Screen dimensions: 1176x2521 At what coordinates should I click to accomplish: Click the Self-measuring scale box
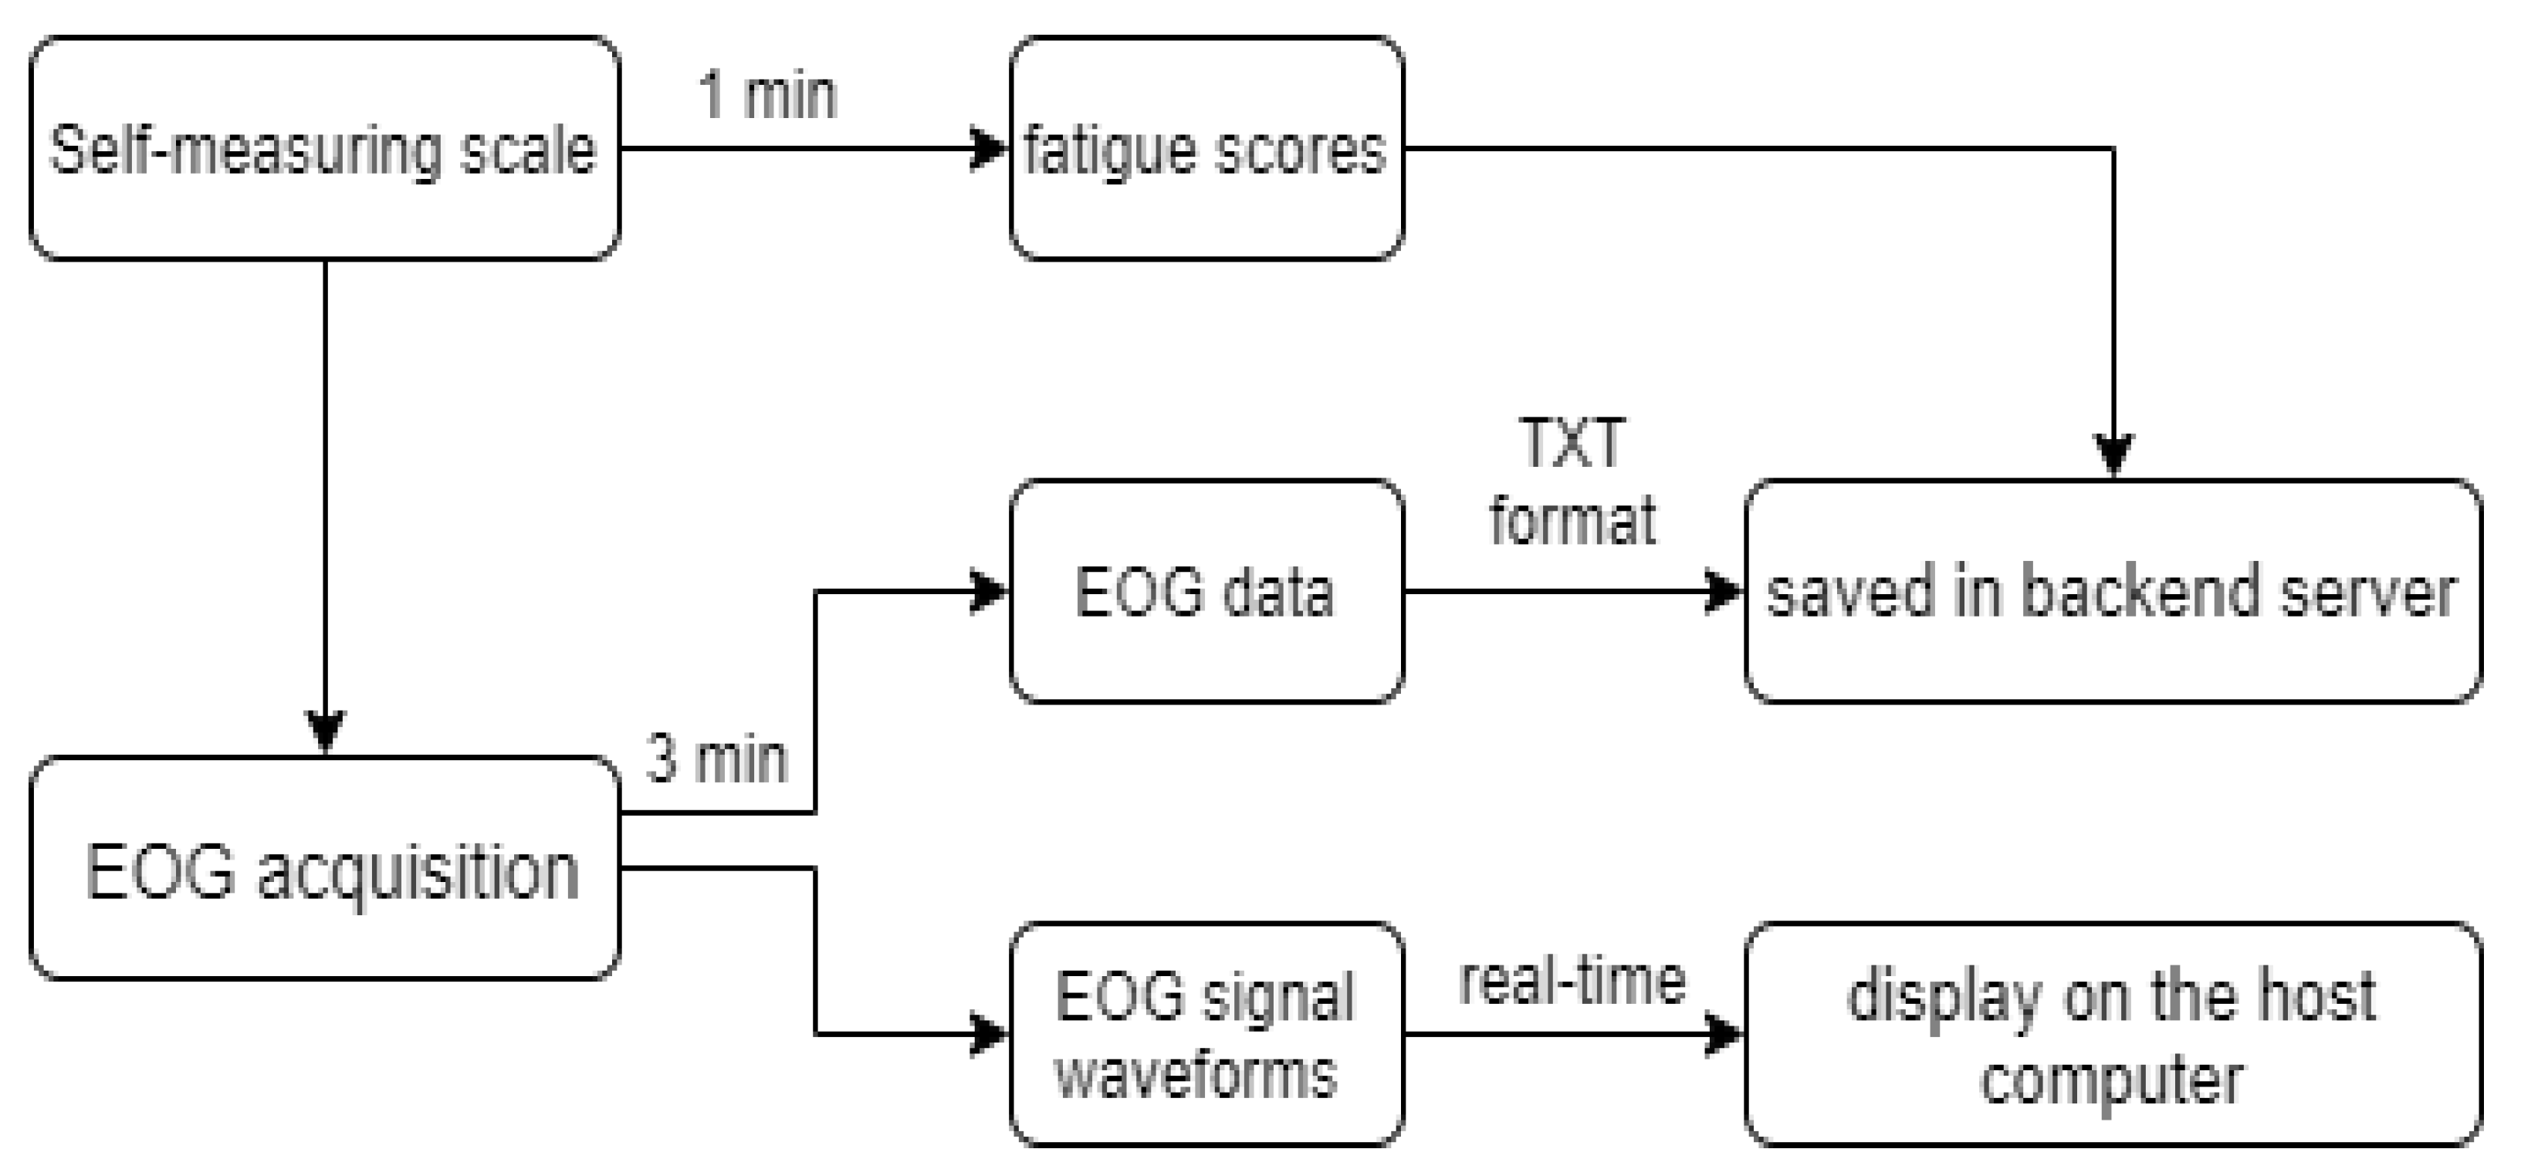(324, 149)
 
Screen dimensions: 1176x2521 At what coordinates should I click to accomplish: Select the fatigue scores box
(1206, 149)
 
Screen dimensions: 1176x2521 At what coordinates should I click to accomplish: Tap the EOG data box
(1206, 592)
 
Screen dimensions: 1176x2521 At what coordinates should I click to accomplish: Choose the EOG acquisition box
(324, 869)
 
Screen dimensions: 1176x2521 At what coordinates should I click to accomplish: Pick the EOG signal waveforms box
(1206, 1034)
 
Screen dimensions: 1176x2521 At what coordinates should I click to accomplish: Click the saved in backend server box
(2112, 592)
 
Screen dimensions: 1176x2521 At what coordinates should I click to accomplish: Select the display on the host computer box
(2112, 1034)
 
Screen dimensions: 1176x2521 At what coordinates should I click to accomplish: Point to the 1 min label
(768, 96)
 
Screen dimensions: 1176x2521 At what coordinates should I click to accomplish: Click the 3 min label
(716, 759)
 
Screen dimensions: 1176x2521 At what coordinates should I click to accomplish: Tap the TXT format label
(1572, 482)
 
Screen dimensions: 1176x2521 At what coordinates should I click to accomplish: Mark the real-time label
(1572, 982)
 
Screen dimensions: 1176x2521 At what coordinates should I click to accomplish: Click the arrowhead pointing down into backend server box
(2114, 456)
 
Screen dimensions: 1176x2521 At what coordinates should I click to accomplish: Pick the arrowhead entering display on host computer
(1725, 1034)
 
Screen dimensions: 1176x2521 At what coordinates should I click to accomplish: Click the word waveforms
(1196, 1074)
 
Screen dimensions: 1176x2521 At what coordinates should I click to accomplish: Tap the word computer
(2112, 1080)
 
